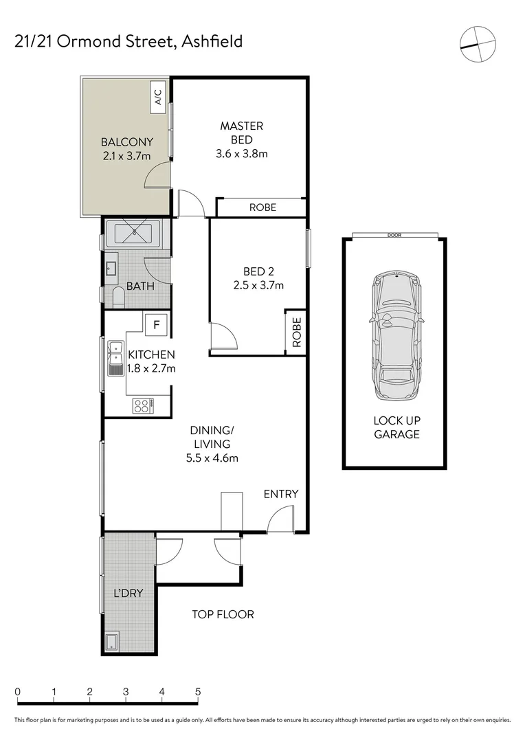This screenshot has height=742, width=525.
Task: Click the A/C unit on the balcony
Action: (x=158, y=97)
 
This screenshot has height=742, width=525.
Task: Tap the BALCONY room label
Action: (x=126, y=149)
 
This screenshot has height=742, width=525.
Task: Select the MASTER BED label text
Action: (x=241, y=133)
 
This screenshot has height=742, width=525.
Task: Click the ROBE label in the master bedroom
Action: (x=262, y=207)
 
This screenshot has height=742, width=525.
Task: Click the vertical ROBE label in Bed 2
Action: (x=296, y=332)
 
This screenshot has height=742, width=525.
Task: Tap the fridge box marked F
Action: (x=157, y=324)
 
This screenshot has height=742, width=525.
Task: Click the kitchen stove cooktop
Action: (x=143, y=406)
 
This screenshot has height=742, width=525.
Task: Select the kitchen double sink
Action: (x=115, y=358)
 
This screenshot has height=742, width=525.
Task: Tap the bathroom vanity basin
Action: (x=111, y=267)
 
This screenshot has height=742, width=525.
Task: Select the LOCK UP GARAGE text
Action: (x=396, y=427)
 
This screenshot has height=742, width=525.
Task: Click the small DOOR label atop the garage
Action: (x=394, y=236)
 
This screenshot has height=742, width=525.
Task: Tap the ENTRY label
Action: (x=281, y=494)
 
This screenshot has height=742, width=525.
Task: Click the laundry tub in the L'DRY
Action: (x=112, y=644)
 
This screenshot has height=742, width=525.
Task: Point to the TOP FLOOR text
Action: (x=223, y=614)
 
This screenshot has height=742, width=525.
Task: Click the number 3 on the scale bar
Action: (x=126, y=692)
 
